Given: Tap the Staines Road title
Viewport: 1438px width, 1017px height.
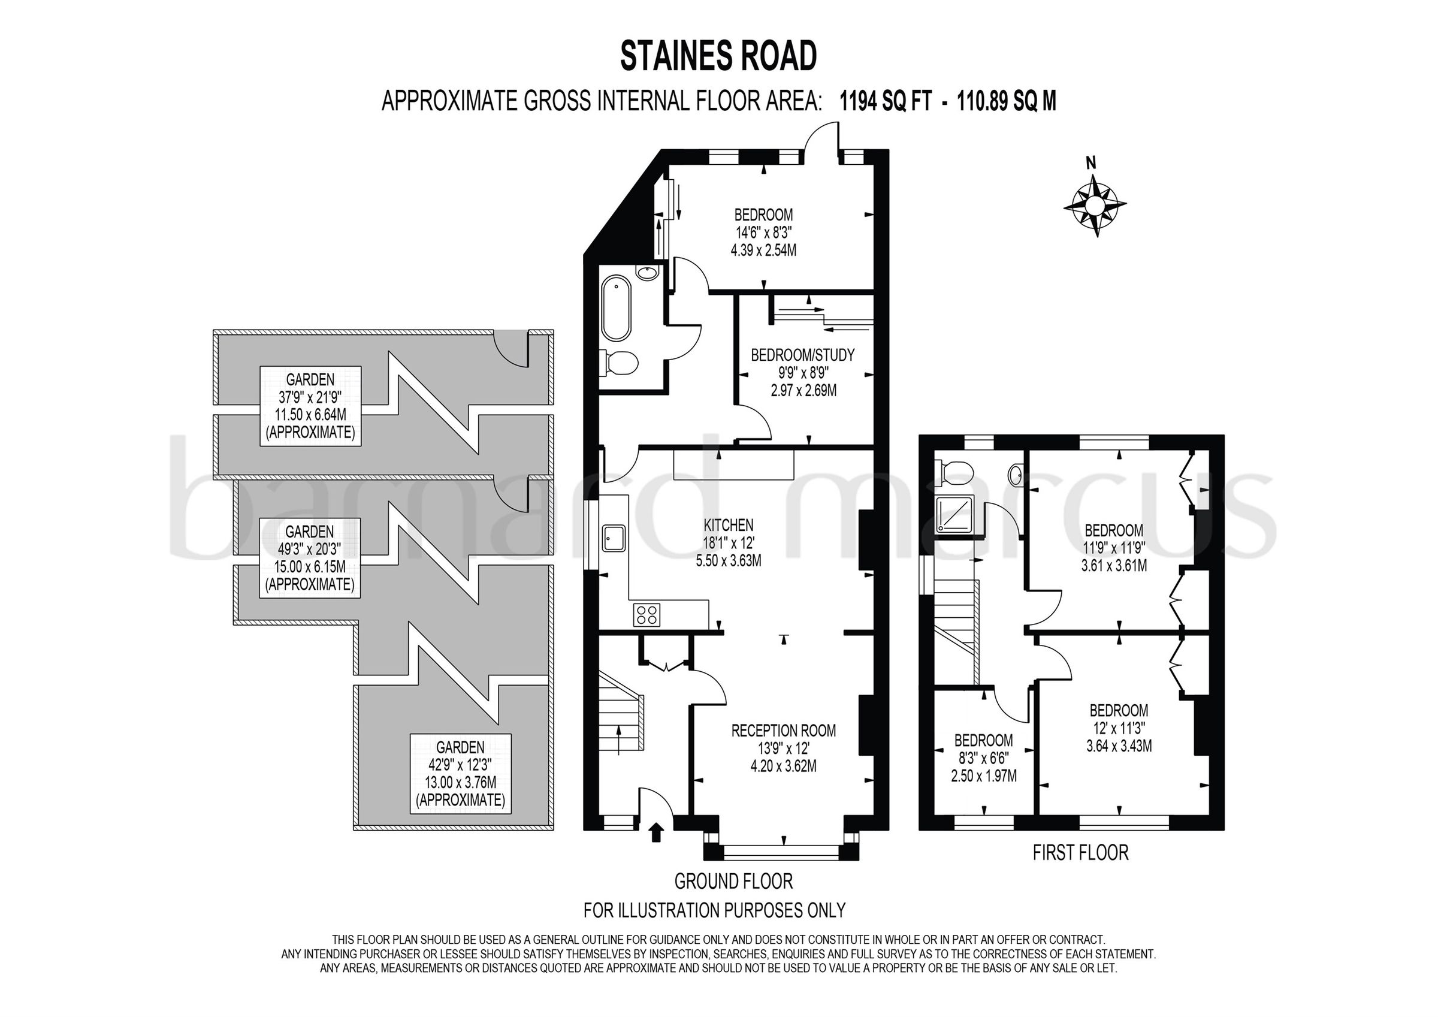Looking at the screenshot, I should [718, 56].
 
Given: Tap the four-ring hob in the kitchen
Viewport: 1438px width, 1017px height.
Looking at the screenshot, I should [647, 614].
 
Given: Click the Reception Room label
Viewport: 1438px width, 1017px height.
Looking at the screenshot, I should [783, 730].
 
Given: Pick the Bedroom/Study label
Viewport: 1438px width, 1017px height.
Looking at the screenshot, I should [802, 355].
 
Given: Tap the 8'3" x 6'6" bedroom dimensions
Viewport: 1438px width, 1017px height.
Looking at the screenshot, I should [983, 758].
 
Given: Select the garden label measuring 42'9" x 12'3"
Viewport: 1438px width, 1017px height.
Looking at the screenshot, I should [460, 773].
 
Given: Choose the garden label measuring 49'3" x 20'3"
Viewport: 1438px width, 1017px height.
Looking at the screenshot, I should [309, 558].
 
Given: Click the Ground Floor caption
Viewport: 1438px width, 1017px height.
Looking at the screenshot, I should [733, 881].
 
